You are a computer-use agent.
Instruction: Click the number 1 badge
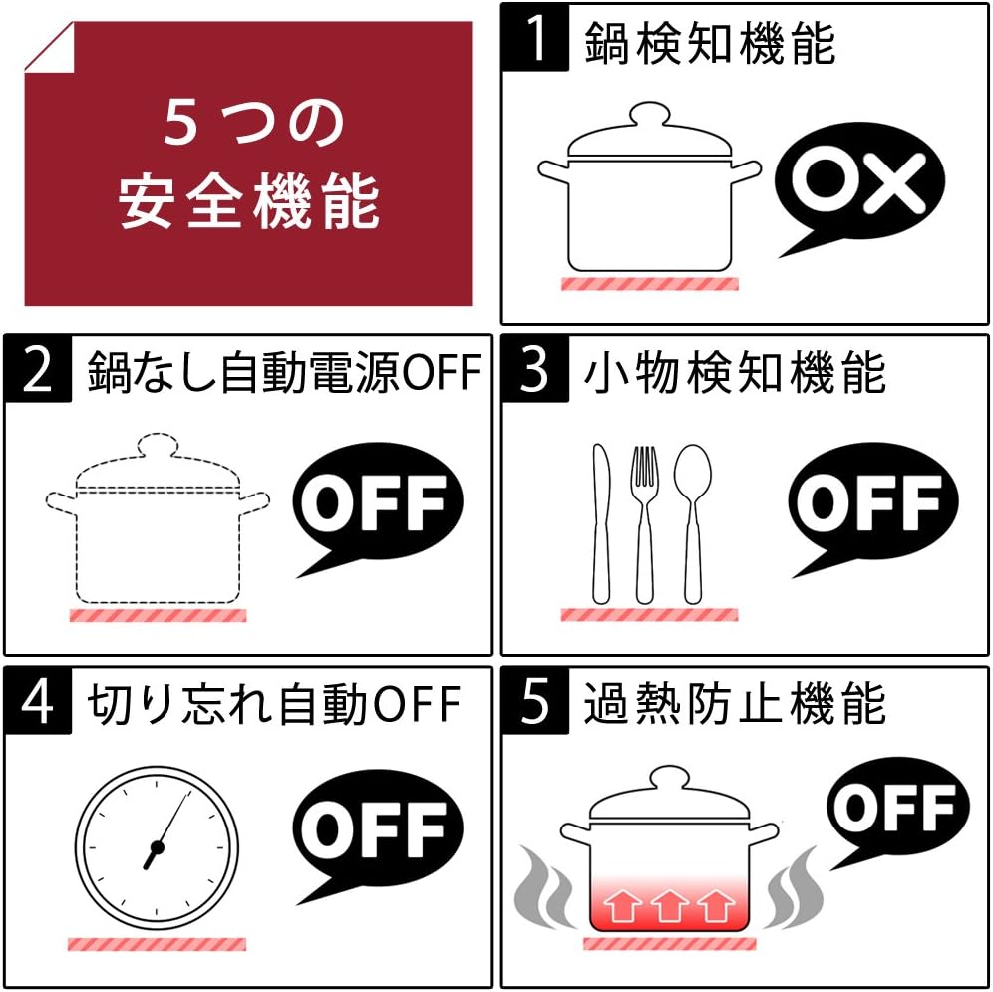click(535, 37)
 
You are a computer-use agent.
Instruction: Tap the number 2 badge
click(38, 369)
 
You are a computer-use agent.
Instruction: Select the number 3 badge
click(535, 369)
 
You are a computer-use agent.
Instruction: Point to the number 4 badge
click(38, 701)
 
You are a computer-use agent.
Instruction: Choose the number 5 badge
click(535, 701)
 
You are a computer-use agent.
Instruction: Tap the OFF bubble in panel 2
click(378, 503)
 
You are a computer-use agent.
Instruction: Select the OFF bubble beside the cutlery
click(873, 503)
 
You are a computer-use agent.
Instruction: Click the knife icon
click(601, 523)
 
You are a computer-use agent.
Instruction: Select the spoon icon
click(693, 523)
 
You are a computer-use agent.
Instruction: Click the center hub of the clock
click(157, 847)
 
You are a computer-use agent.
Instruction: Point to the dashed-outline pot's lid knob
click(158, 444)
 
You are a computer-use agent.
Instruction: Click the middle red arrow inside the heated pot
click(669, 905)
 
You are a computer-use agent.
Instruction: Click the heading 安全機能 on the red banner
click(249, 202)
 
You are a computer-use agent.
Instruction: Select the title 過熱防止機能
click(735, 703)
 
